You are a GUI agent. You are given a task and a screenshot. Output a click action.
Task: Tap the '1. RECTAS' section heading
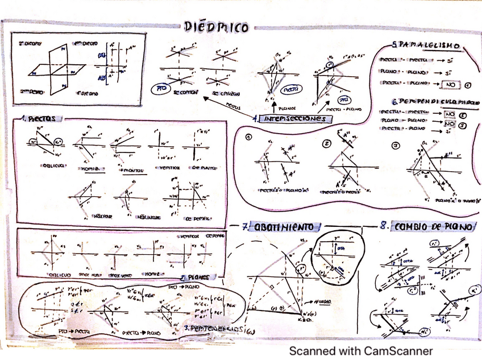tap(40, 118)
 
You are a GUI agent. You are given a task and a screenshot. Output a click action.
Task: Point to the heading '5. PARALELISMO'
tap(425, 46)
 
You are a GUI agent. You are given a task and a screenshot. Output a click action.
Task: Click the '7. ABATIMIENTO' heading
tap(279, 227)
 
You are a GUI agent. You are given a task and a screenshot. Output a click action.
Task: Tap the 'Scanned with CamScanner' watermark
tap(360, 350)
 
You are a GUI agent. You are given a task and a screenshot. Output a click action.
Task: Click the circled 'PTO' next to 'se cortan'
tap(162, 89)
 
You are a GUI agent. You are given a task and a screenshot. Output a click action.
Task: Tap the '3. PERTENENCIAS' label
tap(216, 328)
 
